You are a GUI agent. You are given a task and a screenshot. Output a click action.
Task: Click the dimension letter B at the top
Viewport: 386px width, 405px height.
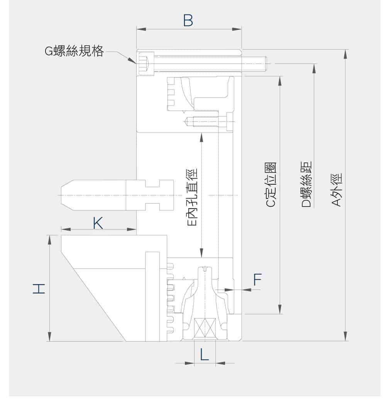188,21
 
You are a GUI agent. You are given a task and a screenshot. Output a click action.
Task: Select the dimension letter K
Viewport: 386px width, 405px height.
98,223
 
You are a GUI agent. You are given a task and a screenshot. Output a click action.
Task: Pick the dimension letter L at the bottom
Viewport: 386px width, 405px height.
205,354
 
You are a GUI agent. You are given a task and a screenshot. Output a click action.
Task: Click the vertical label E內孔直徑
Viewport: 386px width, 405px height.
192,197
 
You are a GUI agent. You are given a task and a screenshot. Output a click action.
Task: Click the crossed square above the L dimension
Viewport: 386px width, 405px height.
205,328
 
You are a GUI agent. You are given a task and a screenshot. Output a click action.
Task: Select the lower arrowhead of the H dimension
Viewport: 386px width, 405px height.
49,337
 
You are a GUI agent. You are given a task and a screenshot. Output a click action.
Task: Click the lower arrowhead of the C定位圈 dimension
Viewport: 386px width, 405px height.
280,310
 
